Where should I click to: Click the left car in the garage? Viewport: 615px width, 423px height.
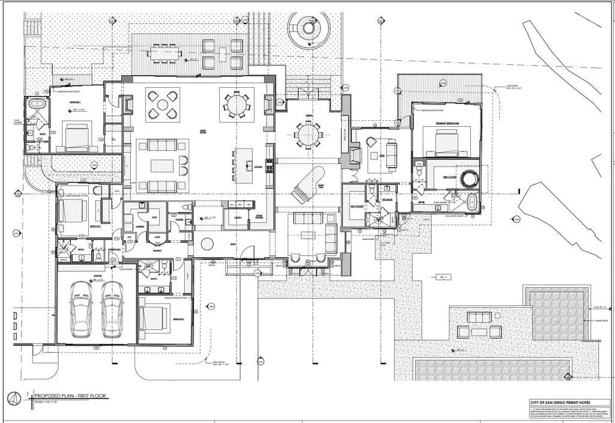click(x=80, y=309)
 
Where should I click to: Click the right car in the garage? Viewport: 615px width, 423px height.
click(x=112, y=309)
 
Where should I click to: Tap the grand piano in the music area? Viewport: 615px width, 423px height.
click(x=306, y=184)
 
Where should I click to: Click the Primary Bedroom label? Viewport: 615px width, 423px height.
click(x=447, y=123)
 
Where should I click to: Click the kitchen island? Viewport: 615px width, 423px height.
click(x=244, y=165)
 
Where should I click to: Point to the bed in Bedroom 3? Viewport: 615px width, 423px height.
click(x=155, y=318)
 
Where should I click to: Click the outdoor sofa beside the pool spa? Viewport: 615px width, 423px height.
click(x=479, y=317)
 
